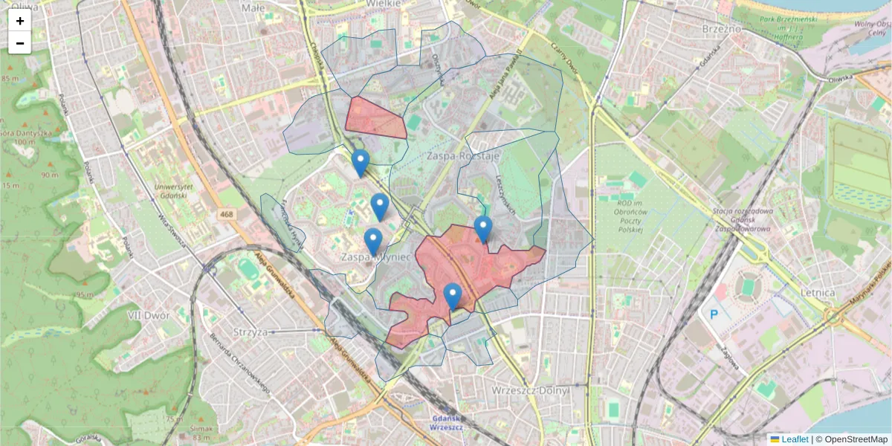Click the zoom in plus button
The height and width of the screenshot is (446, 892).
pos(20,21)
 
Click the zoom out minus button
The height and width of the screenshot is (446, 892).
pos(20,43)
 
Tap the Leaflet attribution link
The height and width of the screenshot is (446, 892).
pos(795,439)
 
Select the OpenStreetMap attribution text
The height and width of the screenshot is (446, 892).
pos(856,439)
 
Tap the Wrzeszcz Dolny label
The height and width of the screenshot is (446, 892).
pos(530,390)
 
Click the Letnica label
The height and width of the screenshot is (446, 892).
pos(818,293)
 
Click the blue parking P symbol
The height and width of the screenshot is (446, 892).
pos(714,314)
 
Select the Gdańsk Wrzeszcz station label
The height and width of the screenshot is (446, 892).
pos(447,422)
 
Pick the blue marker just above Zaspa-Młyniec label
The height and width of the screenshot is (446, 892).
pos(373,242)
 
